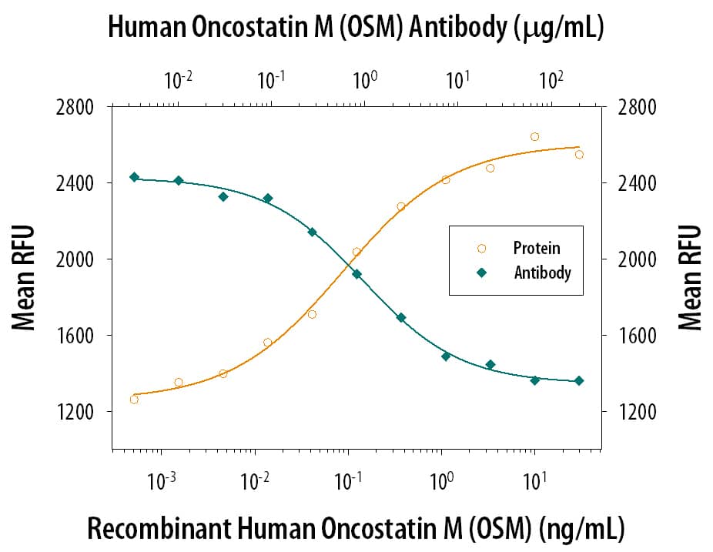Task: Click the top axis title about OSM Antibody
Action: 356,28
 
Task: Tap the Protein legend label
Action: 537,248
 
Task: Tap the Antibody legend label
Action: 543,272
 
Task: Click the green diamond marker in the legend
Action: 482,272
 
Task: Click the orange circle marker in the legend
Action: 482,248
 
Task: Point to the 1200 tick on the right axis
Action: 636,412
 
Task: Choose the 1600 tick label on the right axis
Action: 636,336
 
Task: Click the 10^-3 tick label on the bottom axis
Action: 162,482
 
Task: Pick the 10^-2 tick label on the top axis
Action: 178,79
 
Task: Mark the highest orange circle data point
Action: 534,137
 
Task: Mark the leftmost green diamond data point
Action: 134,177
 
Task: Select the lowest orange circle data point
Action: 134,399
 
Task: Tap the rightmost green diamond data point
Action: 579,380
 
